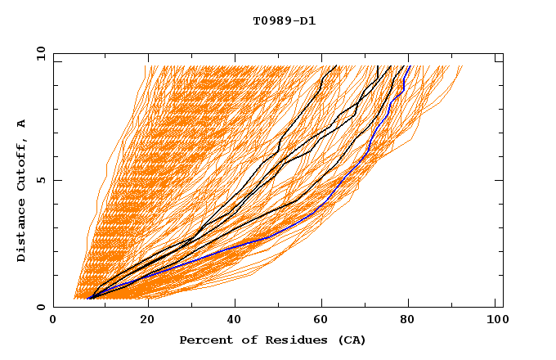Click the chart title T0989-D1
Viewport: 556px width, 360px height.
click(x=284, y=20)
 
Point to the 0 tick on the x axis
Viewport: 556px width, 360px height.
click(x=54, y=321)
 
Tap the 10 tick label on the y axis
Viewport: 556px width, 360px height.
click(x=38, y=53)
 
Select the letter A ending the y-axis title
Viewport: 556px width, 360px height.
click(x=22, y=124)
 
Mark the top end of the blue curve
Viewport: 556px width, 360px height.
click(x=410, y=66)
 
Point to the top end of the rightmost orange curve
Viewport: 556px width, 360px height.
click(x=462, y=66)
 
